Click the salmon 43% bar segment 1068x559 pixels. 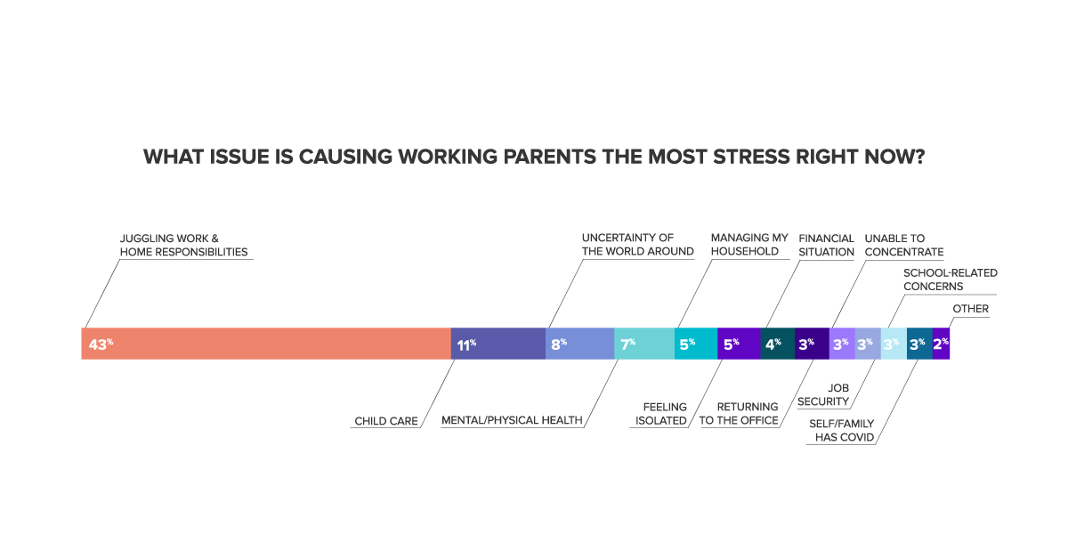(x=266, y=344)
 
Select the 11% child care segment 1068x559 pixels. (x=498, y=344)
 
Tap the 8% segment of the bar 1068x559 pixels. (x=579, y=344)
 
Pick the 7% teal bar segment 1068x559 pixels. (x=644, y=344)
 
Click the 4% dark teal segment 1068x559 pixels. (x=778, y=344)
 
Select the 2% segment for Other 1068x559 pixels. (x=942, y=344)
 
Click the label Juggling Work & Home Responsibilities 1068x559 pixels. (x=183, y=245)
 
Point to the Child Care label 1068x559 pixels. (x=386, y=421)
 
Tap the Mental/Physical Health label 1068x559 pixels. (x=512, y=420)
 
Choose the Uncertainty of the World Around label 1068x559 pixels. (x=637, y=245)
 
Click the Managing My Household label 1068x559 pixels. (x=749, y=245)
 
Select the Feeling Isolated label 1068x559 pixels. (x=660, y=414)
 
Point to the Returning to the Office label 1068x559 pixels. (x=739, y=414)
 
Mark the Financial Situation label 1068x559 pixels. (x=826, y=245)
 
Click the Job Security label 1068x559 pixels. (x=823, y=395)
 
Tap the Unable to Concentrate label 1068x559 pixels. (x=904, y=245)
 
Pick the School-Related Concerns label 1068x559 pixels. (x=951, y=279)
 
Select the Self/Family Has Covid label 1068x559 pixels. (x=842, y=430)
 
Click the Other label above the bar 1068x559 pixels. (x=971, y=309)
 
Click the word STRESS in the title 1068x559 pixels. (x=751, y=157)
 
